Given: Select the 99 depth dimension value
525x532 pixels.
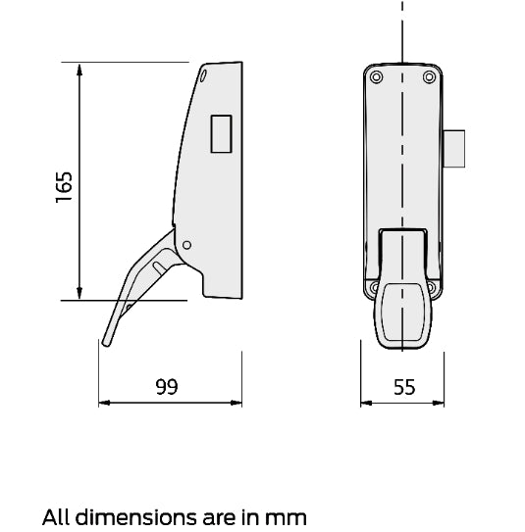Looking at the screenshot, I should tap(167, 386).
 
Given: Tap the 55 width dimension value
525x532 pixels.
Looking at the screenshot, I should tap(403, 386).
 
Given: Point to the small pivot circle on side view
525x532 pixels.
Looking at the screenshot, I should tap(189, 245).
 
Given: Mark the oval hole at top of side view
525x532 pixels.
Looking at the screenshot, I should tap(204, 74).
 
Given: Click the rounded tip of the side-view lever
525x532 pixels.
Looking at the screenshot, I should tap(102, 341).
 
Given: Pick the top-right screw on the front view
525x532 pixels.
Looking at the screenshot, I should tap(429, 77).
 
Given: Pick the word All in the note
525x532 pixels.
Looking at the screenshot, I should tap(56, 514).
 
